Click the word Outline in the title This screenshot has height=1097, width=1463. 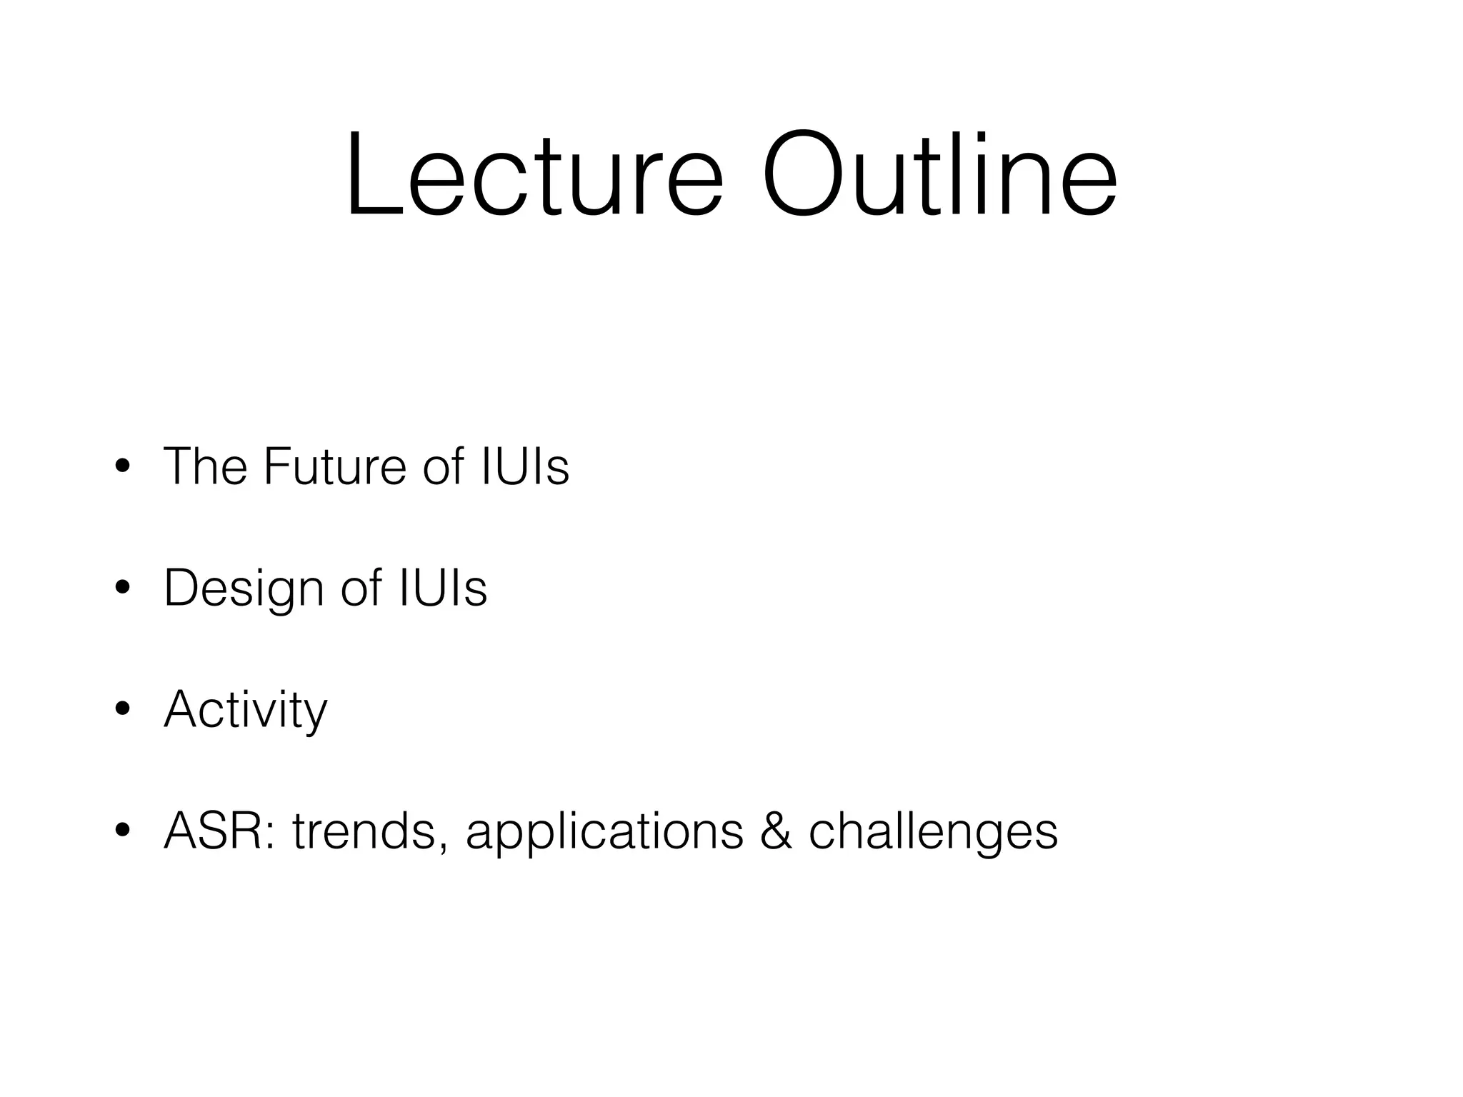[939, 174]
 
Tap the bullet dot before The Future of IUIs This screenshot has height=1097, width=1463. [122, 466]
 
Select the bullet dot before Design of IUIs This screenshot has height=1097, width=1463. [122, 588]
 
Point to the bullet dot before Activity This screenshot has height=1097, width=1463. [122, 709]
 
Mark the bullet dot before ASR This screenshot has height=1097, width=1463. [122, 831]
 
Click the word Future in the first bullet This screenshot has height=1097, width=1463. [335, 466]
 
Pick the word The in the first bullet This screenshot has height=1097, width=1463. [205, 466]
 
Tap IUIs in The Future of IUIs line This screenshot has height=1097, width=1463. [525, 466]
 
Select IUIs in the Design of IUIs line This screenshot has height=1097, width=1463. [443, 588]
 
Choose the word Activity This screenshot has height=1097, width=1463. [246, 711]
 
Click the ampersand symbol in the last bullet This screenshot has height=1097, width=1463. [776, 831]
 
